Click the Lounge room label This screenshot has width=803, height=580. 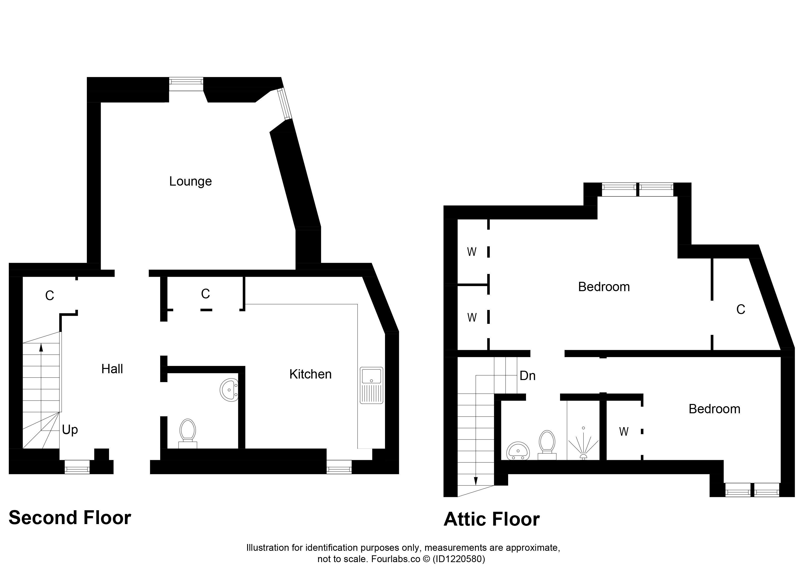pos(190,181)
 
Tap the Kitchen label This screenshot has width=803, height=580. pos(310,374)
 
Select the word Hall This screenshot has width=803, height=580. pos(112,369)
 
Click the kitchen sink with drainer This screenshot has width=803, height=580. pos(371,385)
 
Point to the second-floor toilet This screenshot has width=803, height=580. pos(188,434)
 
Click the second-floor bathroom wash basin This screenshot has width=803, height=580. pos(229,390)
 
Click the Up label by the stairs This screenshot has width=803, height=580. pos(70,430)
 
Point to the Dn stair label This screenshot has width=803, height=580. pos(528,376)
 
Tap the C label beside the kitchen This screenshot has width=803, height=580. pos(205,294)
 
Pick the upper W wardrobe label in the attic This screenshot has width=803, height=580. pos(472,252)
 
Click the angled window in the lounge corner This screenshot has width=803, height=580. pos(285,104)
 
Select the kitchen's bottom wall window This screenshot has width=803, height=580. pos(339,467)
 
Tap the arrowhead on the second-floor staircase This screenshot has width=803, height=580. pos(41,347)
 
